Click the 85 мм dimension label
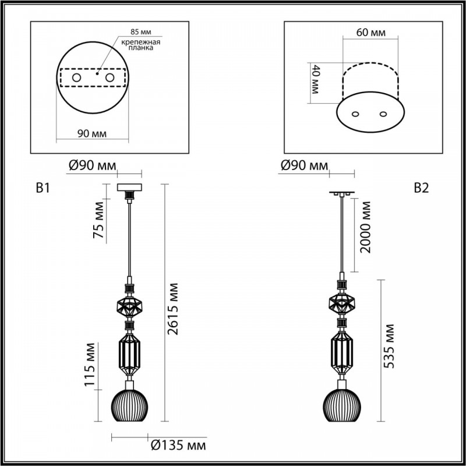coord(140,31)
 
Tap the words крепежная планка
coord(140,45)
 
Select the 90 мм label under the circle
coord(92,134)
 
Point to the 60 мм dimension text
coord(371,32)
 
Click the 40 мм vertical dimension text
coord(315,79)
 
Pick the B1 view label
coord(43,188)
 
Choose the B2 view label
coord(421,188)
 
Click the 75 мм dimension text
coord(98,220)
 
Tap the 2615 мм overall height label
coord(172,309)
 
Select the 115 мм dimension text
coord(90,365)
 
